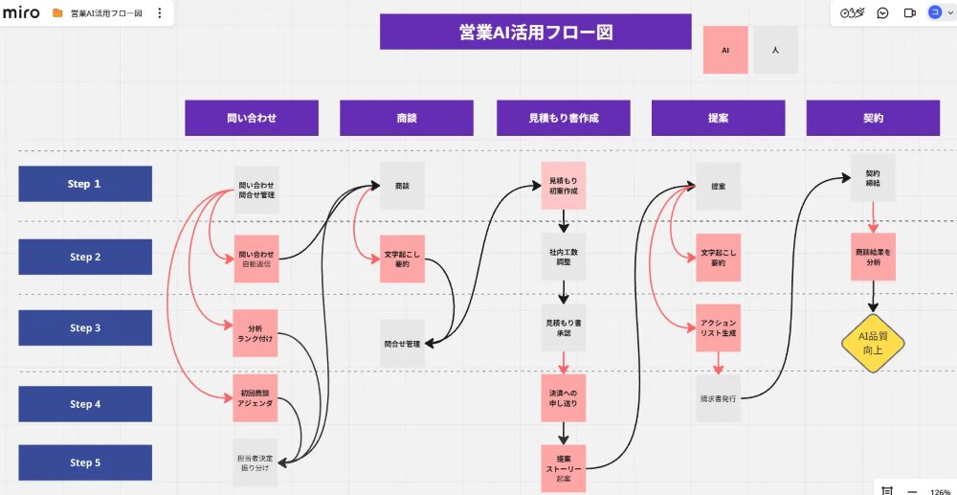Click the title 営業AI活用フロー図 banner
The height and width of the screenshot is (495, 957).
click(535, 32)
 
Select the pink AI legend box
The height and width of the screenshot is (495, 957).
click(725, 50)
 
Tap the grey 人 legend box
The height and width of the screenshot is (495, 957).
click(775, 50)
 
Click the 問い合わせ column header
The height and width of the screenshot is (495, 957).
click(252, 118)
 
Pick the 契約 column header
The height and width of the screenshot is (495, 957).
click(873, 118)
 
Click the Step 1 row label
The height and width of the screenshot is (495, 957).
click(85, 184)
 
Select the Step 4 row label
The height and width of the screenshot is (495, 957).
click(85, 404)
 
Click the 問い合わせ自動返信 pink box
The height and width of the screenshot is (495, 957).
click(256, 259)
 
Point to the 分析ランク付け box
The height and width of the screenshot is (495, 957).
click(256, 333)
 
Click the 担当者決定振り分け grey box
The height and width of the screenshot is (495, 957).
click(256, 463)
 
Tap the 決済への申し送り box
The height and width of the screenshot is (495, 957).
click(565, 398)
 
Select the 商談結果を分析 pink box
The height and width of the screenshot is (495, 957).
click(873, 257)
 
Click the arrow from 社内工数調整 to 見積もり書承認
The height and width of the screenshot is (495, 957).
click(565, 291)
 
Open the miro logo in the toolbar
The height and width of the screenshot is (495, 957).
click(21, 13)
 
